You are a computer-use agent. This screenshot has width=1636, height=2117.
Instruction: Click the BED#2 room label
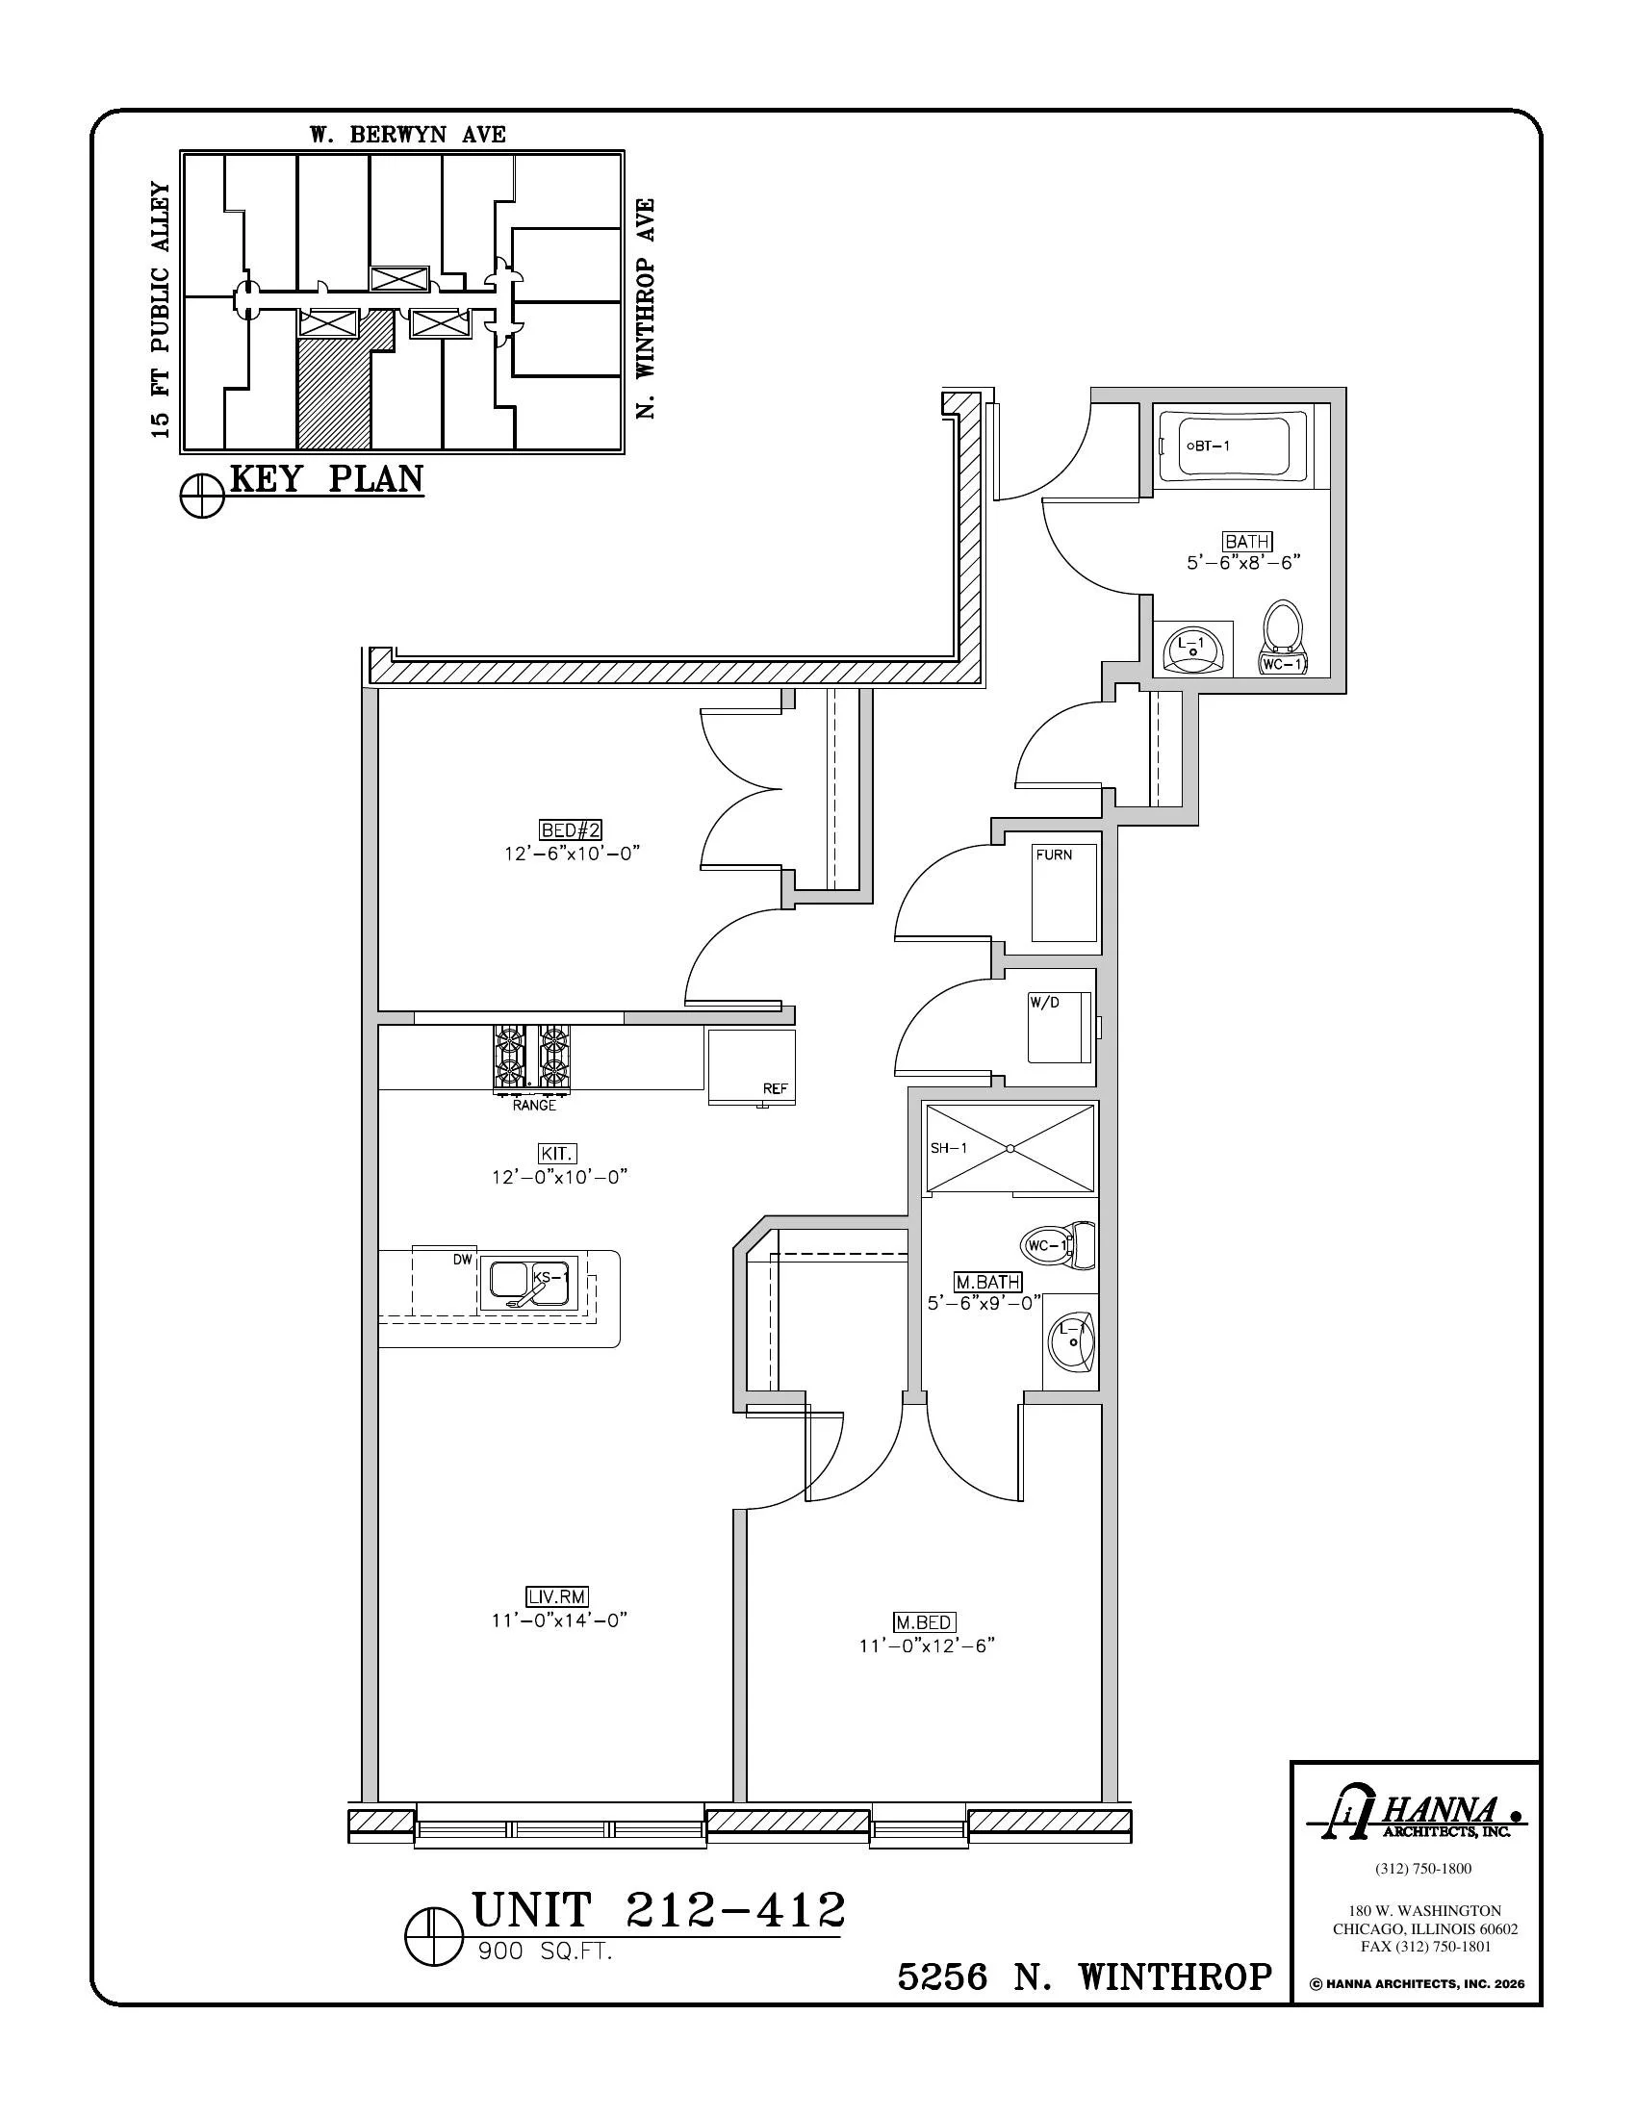(571, 829)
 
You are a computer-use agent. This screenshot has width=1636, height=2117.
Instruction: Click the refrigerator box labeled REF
(752, 1067)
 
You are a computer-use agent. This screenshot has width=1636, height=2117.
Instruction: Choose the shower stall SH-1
(1010, 1147)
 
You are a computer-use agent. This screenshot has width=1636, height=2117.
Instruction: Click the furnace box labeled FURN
(1064, 892)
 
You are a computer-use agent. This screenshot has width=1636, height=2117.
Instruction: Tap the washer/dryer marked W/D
(1060, 1028)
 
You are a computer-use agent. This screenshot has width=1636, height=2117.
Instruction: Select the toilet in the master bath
(1058, 1245)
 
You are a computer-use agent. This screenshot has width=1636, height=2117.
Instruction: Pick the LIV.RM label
(557, 1596)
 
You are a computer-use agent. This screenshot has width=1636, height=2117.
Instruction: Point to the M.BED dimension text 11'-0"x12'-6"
(927, 1645)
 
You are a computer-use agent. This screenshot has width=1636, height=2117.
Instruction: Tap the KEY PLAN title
(326, 479)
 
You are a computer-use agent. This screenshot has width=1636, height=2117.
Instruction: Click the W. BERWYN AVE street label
(408, 135)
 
